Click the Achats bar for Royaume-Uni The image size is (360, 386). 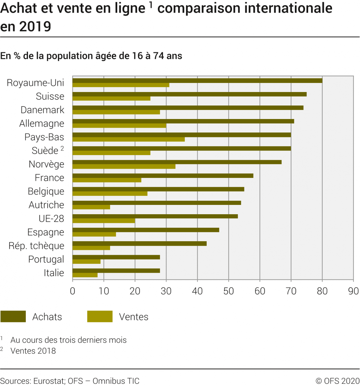point(197,80)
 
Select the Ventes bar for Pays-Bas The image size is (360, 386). point(129,139)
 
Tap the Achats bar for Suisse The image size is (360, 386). point(189,94)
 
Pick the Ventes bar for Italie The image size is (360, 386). point(85,275)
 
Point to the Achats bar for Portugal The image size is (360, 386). point(116,257)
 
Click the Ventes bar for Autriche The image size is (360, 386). point(91,207)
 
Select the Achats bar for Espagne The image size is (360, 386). point(146,230)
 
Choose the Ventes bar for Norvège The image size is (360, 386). point(124,167)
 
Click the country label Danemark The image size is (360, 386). point(42,110)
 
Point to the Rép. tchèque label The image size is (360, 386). point(36,246)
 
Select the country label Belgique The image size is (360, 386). point(46,191)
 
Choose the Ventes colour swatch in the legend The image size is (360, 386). point(100,317)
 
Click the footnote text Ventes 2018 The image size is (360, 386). point(33,351)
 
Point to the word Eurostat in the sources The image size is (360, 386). point(48,381)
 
